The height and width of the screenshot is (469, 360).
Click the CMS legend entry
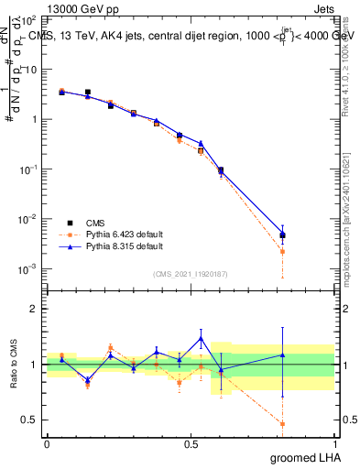coord(95,223)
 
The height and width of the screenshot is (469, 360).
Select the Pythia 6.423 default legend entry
coord(124,234)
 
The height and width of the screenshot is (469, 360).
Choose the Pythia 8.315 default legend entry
coord(124,246)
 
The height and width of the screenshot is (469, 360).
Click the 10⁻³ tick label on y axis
coord(27,268)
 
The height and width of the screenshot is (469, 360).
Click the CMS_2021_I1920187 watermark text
coord(191,273)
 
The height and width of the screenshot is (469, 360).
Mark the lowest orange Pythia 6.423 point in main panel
coord(282,251)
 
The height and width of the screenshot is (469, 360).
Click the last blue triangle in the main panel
coord(282,234)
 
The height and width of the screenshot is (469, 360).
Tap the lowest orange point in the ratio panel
coord(282,424)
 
